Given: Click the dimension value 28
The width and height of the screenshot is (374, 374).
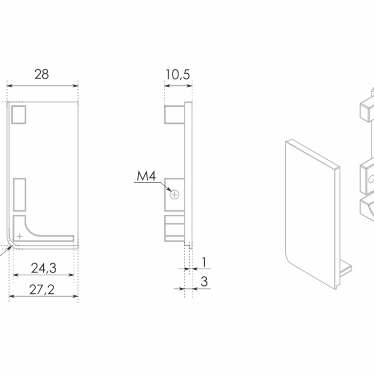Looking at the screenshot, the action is (42, 74).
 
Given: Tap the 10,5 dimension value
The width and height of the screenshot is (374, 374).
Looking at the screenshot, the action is (178, 75).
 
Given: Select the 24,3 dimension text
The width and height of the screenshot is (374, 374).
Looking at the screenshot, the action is (44, 268).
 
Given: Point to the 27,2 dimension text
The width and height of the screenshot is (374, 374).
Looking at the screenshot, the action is (42, 290).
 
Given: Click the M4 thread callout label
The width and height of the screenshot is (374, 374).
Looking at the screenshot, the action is (146, 176).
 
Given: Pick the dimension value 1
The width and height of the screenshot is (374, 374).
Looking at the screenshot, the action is (204, 262).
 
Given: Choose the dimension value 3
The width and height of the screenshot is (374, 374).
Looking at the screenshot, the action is (204, 282).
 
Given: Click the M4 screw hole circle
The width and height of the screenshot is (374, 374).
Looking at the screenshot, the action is (174, 194).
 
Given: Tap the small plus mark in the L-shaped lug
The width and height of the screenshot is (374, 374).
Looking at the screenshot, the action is (20, 236).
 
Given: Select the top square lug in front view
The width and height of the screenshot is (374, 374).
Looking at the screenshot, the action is (19, 115).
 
